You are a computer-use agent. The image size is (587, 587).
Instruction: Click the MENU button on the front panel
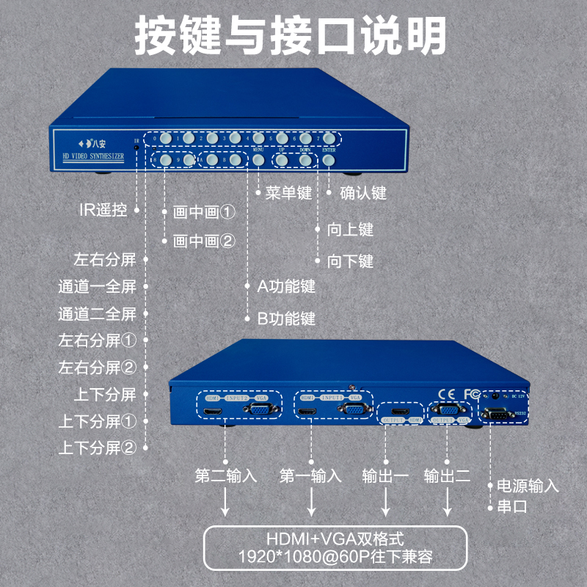tap(259, 159)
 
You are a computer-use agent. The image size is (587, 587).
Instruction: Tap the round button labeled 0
tap(166, 137)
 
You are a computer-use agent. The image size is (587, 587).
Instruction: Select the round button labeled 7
tap(329, 137)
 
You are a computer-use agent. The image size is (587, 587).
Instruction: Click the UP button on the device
tap(282, 159)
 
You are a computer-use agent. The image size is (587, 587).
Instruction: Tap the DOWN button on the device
tap(306, 159)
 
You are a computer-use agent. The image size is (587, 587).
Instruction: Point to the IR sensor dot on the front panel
tap(136, 147)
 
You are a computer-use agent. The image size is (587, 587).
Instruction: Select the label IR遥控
tap(103, 210)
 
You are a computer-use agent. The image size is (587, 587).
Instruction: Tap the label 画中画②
tap(204, 241)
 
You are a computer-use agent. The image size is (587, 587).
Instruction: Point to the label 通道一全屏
tap(98, 287)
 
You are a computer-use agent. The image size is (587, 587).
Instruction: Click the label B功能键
tap(285, 318)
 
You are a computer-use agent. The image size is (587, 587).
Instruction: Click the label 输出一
tap(385, 475)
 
